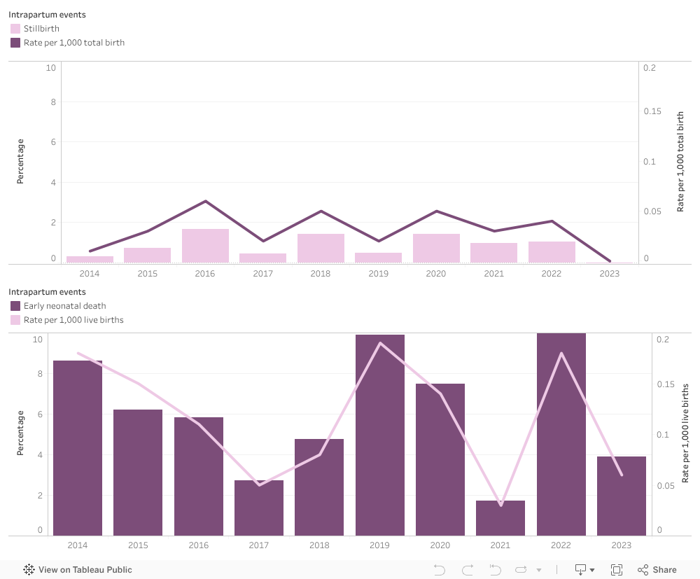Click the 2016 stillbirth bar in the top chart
click(x=205, y=246)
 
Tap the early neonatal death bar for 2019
click(x=380, y=434)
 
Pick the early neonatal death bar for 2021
click(x=500, y=518)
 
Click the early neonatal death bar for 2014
click(x=78, y=448)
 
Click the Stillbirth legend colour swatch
click(x=15, y=29)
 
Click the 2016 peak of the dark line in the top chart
click(x=205, y=201)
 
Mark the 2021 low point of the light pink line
click(x=500, y=505)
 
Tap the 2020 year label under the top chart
click(x=436, y=274)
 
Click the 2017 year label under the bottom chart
click(x=259, y=545)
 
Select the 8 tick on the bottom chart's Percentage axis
click(x=40, y=374)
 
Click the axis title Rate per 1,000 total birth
click(x=680, y=162)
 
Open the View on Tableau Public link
click(x=78, y=570)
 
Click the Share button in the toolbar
click(x=657, y=570)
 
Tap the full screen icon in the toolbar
click(x=617, y=570)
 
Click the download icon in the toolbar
click(x=580, y=570)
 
